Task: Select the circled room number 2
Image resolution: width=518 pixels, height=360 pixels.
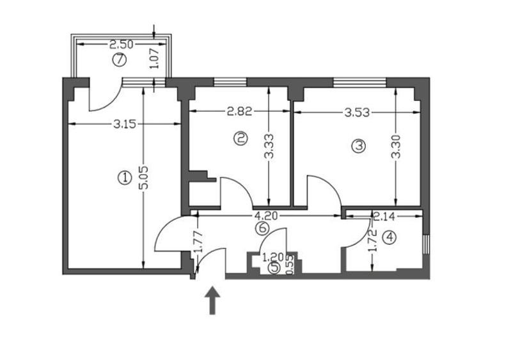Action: coord(240,137)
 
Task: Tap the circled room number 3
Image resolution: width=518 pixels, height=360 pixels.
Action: coord(359,146)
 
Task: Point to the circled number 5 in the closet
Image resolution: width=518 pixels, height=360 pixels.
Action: coord(274,268)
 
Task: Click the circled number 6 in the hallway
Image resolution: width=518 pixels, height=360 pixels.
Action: coord(260,226)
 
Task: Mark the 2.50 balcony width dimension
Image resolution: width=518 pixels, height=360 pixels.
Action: coord(122,45)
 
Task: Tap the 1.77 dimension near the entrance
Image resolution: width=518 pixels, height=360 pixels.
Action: coord(198,242)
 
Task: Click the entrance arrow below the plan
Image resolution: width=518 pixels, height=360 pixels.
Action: coord(212,301)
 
